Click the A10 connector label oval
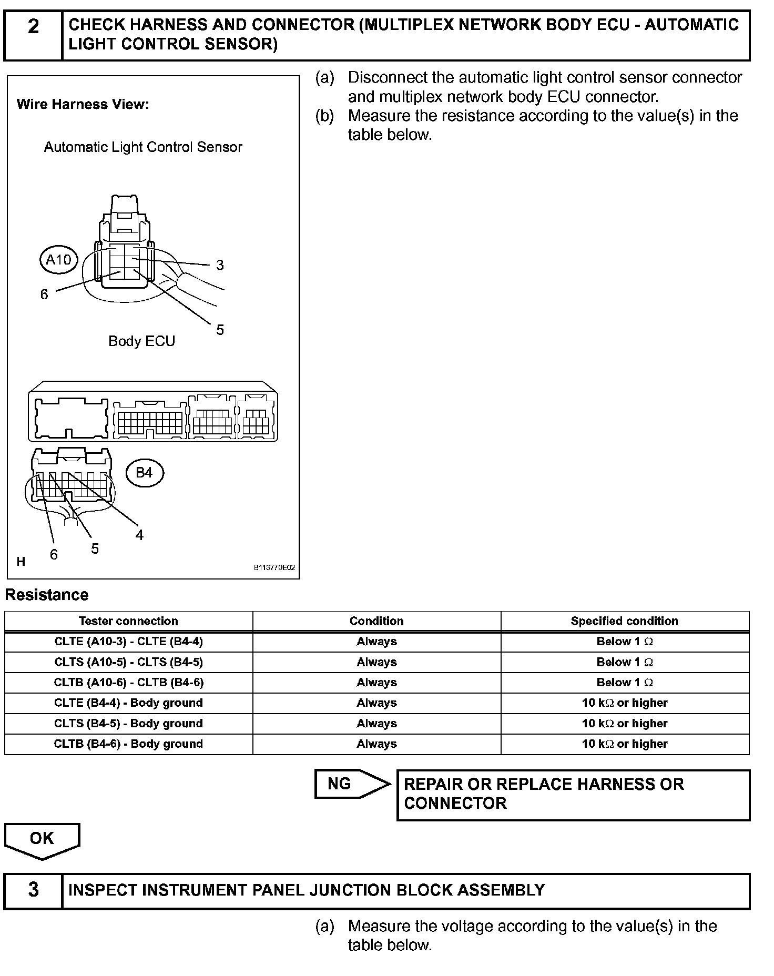pyautogui.click(x=58, y=259)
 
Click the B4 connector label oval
pyautogui.click(x=144, y=473)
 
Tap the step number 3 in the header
pyautogui.click(x=33, y=890)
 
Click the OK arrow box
pyautogui.click(x=42, y=839)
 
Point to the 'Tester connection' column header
pyautogui.click(x=128, y=621)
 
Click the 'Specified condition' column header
pyautogui.click(x=624, y=621)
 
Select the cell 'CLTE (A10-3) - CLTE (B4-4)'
pyautogui.click(x=128, y=642)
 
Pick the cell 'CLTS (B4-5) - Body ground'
pyautogui.click(x=128, y=724)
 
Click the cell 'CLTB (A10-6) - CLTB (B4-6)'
pyautogui.click(x=128, y=683)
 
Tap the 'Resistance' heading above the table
pyautogui.click(x=47, y=595)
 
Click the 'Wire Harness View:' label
pyautogui.click(x=83, y=104)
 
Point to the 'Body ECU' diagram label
pyautogui.click(x=141, y=341)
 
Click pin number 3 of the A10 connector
pyautogui.click(x=220, y=265)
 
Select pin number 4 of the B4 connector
pyautogui.click(x=139, y=535)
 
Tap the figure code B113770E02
pyautogui.click(x=274, y=568)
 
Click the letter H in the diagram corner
pyautogui.click(x=21, y=562)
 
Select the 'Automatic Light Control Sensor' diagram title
pyautogui.click(x=143, y=147)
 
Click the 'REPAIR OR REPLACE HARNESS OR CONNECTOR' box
pyautogui.click(x=573, y=794)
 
